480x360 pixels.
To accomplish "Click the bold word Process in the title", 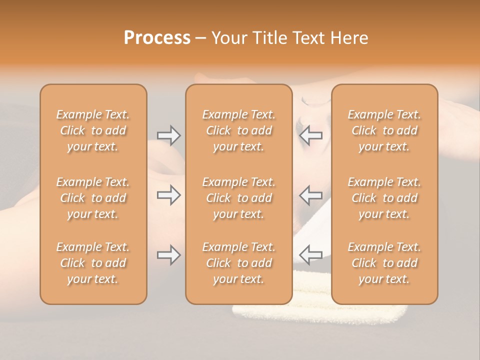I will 157,38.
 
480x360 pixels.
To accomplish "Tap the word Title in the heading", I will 270,38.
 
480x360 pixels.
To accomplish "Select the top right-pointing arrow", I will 168,135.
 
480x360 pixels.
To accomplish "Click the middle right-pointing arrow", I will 168,195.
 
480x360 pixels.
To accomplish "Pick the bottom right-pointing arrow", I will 168,255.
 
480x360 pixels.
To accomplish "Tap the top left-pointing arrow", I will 311,135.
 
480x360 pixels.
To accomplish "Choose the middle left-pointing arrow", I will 311,195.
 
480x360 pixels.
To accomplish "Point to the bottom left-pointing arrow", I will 311,255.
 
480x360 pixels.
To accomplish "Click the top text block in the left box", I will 93,130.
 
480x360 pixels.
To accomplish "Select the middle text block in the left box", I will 93,198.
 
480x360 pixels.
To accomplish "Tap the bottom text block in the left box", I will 93,263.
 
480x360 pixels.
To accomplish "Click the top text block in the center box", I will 239,130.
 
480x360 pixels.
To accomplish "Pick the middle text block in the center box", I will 239,198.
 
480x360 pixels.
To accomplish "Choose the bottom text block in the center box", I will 239,263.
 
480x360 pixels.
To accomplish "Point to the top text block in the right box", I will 384,130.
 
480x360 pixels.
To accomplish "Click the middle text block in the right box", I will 384,198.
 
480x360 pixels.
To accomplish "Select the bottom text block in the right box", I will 384,263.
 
